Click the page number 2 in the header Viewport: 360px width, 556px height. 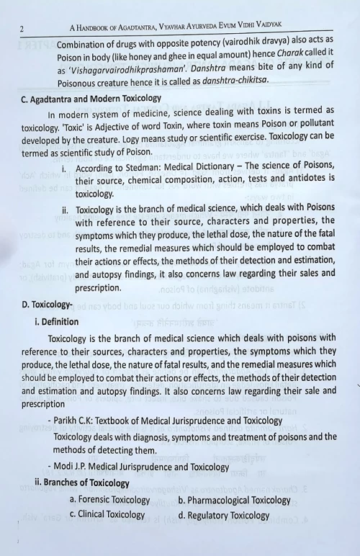(x=22, y=29)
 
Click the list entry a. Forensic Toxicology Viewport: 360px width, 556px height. (x=109, y=500)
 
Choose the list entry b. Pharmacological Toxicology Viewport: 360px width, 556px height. (x=234, y=500)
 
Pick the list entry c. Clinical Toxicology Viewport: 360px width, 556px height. (x=107, y=514)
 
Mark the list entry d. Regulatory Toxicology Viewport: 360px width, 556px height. (x=223, y=515)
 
